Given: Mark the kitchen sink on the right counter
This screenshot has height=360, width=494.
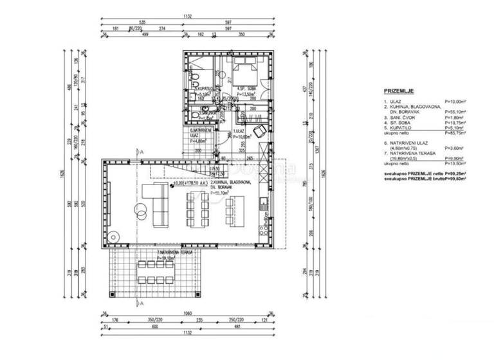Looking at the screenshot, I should [x=264, y=204].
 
